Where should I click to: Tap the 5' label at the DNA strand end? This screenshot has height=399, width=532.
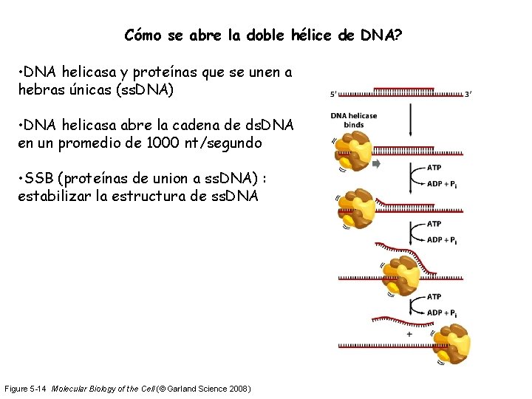tap(334, 94)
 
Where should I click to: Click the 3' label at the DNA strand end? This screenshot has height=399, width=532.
tap(468, 94)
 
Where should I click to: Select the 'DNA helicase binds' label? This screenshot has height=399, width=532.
tap(354, 120)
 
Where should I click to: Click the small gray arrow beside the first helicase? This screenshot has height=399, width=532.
tap(376, 163)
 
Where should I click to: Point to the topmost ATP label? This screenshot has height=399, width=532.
tap(434, 168)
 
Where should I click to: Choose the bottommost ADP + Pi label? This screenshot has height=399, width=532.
tap(442, 313)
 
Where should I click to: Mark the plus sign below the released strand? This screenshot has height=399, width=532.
tap(409, 334)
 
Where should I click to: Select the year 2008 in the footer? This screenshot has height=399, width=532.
tap(237, 389)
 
